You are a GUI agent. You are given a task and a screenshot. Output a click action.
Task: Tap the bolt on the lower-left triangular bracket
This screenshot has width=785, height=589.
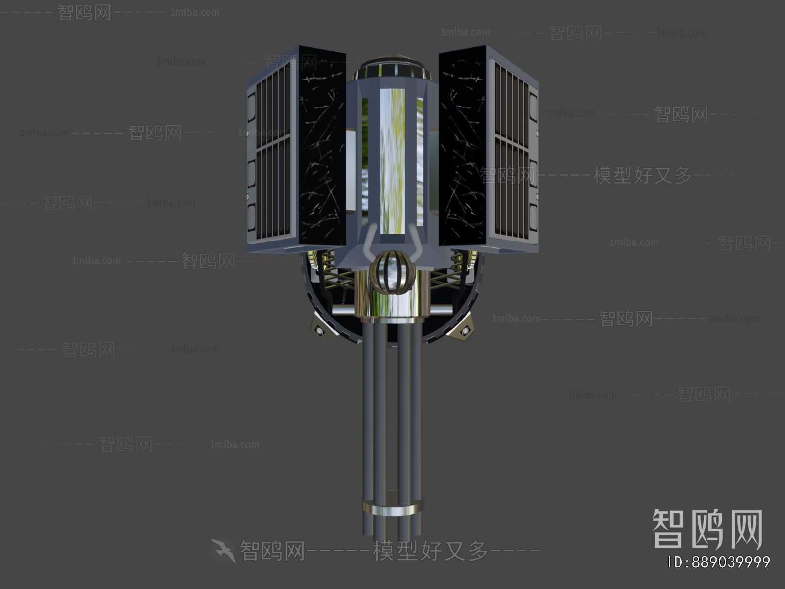tap(319, 331)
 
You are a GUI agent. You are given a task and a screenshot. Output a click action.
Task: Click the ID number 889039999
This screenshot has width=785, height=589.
tap(719, 562)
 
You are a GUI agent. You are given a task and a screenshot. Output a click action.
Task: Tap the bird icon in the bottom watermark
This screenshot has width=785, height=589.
tap(224, 550)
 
